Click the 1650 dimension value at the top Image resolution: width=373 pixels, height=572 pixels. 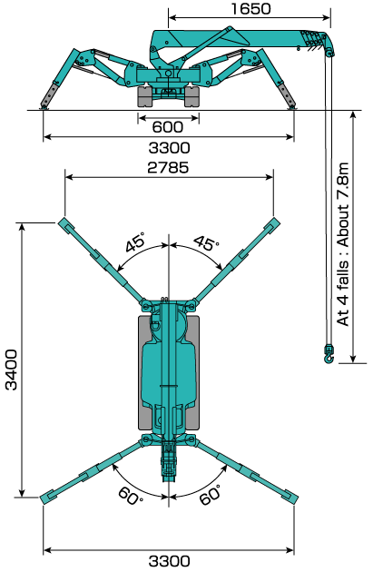pos(250,9)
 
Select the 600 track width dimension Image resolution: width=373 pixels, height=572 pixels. pos(167,127)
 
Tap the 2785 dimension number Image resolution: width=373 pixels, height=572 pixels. pos(169,167)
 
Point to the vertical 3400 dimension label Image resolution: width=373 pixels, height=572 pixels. pos(12,370)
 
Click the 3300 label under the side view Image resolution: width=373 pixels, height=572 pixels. pos(169,148)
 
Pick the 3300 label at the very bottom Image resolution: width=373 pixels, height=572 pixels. pos(169,561)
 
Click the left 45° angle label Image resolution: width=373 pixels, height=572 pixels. pos(135,242)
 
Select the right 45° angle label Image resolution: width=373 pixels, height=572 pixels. pos(206,242)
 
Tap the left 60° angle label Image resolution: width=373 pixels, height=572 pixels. pos(131,496)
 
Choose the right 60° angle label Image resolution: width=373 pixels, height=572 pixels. pos(211,494)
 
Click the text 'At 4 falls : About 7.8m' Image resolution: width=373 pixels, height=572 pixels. pos(343,244)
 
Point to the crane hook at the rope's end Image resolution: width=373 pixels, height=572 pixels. pos(329,354)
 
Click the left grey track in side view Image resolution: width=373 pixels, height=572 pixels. pos(144,96)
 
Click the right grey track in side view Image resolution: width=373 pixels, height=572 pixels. pos(192,96)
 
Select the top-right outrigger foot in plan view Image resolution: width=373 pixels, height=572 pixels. pos(272,224)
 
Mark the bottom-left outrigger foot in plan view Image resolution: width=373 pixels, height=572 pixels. pos(48,498)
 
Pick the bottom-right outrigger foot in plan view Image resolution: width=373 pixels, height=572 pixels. pos(290,498)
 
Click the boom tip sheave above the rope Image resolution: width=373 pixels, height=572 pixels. pos(329,53)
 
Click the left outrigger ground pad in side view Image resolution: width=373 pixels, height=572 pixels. pos(44,107)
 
